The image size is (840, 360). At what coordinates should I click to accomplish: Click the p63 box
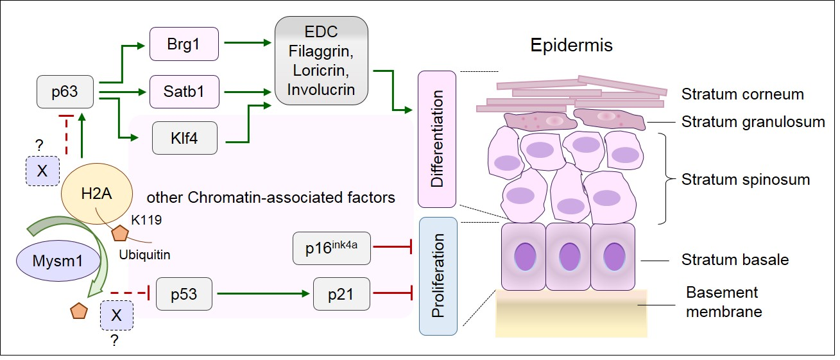pyautogui.click(x=66, y=93)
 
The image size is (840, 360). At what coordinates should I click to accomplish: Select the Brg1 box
pyautogui.click(x=184, y=44)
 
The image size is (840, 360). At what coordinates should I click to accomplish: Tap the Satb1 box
pyautogui.click(x=184, y=92)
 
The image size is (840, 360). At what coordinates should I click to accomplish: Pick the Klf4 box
pyautogui.click(x=184, y=139)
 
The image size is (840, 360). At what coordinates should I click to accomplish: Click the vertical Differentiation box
pyautogui.click(x=437, y=139)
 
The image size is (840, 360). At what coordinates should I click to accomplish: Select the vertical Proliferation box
pyautogui.click(x=437, y=276)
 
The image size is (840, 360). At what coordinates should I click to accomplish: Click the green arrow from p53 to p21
pyautogui.click(x=263, y=295)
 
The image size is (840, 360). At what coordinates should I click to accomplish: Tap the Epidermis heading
pyautogui.click(x=571, y=46)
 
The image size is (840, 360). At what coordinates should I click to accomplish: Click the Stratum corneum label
pyautogui.click(x=742, y=94)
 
